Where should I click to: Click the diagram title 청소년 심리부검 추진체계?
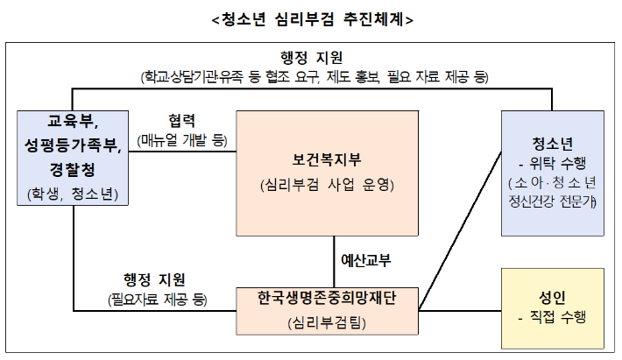click(312, 18)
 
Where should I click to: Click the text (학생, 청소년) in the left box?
click(73, 192)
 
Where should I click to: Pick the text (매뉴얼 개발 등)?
click(182, 139)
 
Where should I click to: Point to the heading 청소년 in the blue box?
click(552, 143)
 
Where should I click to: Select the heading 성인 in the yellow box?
click(552, 296)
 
